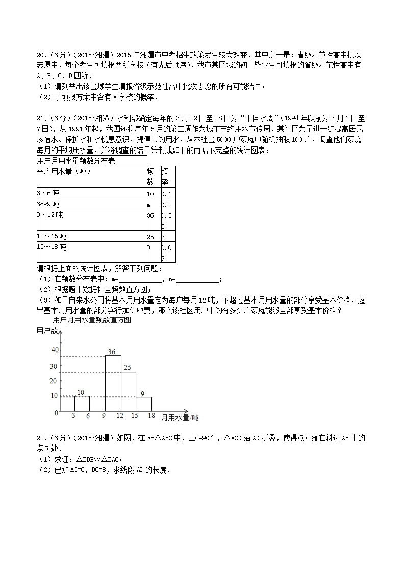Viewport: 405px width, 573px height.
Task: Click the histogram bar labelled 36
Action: [113, 383]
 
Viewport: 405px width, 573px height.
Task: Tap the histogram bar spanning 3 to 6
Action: [82, 404]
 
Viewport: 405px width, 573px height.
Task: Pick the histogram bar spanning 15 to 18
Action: [144, 404]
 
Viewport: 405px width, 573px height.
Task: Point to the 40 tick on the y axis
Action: [55, 350]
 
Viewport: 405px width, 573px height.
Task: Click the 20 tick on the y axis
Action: [55, 381]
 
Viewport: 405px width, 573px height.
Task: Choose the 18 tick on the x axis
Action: [151, 416]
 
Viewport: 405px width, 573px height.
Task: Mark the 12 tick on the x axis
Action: [120, 416]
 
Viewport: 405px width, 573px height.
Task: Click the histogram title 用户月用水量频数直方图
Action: [92, 320]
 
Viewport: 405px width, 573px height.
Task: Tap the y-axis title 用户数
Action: [47, 331]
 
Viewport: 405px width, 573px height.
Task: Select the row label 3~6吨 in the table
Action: [48, 194]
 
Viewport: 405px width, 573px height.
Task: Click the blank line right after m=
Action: [140, 280]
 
